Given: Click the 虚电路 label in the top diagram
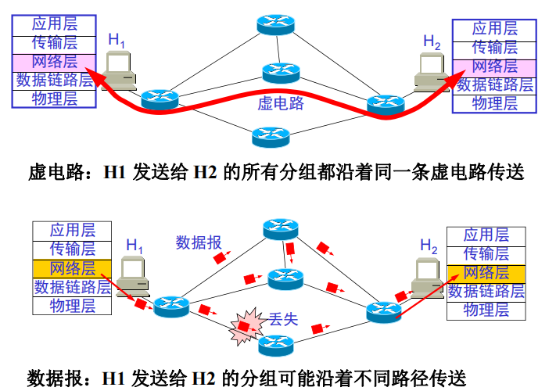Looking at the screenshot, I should pyautogui.click(x=281, y=103).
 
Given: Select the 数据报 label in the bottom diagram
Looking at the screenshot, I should pyautogui.click(x=199, y=242).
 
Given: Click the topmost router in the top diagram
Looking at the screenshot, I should pyautogui.click(x=276, y=23).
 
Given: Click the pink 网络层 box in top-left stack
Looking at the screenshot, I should pyautogui.click(x=55, y=61).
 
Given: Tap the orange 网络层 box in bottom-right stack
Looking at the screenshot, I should pyautogui.click(x=486, y=272).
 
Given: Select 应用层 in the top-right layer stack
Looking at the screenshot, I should pyautogui.click(x=494, y=29).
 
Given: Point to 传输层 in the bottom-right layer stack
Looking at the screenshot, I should pyautogui.click(x=486, y=253).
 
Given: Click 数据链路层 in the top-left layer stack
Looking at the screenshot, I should pyautogui.click(x=55, y=80).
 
